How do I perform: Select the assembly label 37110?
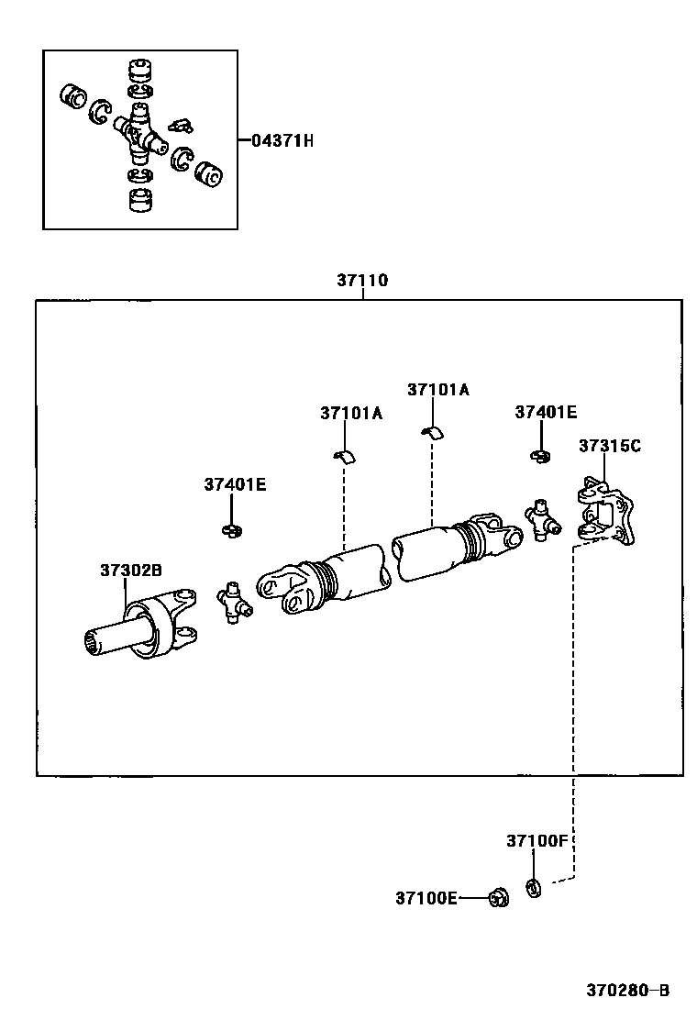click(362, 281)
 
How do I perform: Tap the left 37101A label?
click(351, 414)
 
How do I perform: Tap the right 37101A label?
click(438, 390)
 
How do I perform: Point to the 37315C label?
click(609, 447)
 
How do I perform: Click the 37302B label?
click(131, 571)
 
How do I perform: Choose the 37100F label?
click(537, 840)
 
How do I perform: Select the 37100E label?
click(426, 898)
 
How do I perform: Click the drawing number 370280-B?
click(628, 991)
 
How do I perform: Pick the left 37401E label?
click(235, 484)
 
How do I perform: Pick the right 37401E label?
click(546, 413)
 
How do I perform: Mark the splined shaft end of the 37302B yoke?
click(96, 641)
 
